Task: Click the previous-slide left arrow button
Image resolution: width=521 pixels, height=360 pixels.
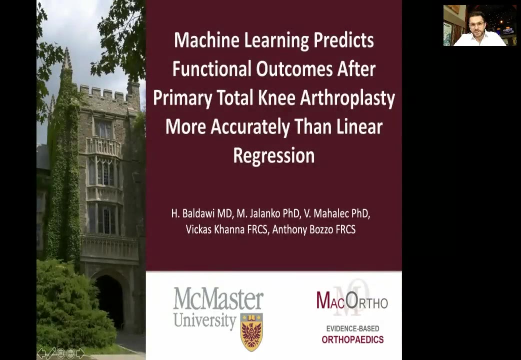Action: point(41,353)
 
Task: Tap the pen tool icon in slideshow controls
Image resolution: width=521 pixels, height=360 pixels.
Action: point(51,353)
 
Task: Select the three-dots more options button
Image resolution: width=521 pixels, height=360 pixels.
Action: point(71,353)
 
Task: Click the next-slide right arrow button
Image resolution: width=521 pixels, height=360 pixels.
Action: point(80,353)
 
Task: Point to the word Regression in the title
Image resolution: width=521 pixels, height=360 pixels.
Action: point(274,155)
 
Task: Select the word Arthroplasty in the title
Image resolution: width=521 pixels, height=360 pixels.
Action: point(347,98)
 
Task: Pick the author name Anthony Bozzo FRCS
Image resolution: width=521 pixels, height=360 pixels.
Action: point(314,229)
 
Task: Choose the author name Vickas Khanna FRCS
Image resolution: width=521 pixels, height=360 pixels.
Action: point(227,229)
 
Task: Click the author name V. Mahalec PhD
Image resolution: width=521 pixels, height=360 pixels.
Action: point(337,213)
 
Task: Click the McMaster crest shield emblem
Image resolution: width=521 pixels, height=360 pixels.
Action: point(251,331)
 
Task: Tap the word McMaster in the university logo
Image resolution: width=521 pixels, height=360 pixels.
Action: point(218,298)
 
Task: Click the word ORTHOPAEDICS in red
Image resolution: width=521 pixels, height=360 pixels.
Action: point(352,339)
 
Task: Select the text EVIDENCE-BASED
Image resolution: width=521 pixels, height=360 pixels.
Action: point(352,328)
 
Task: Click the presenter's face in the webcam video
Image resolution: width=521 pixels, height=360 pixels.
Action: point(477,24)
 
